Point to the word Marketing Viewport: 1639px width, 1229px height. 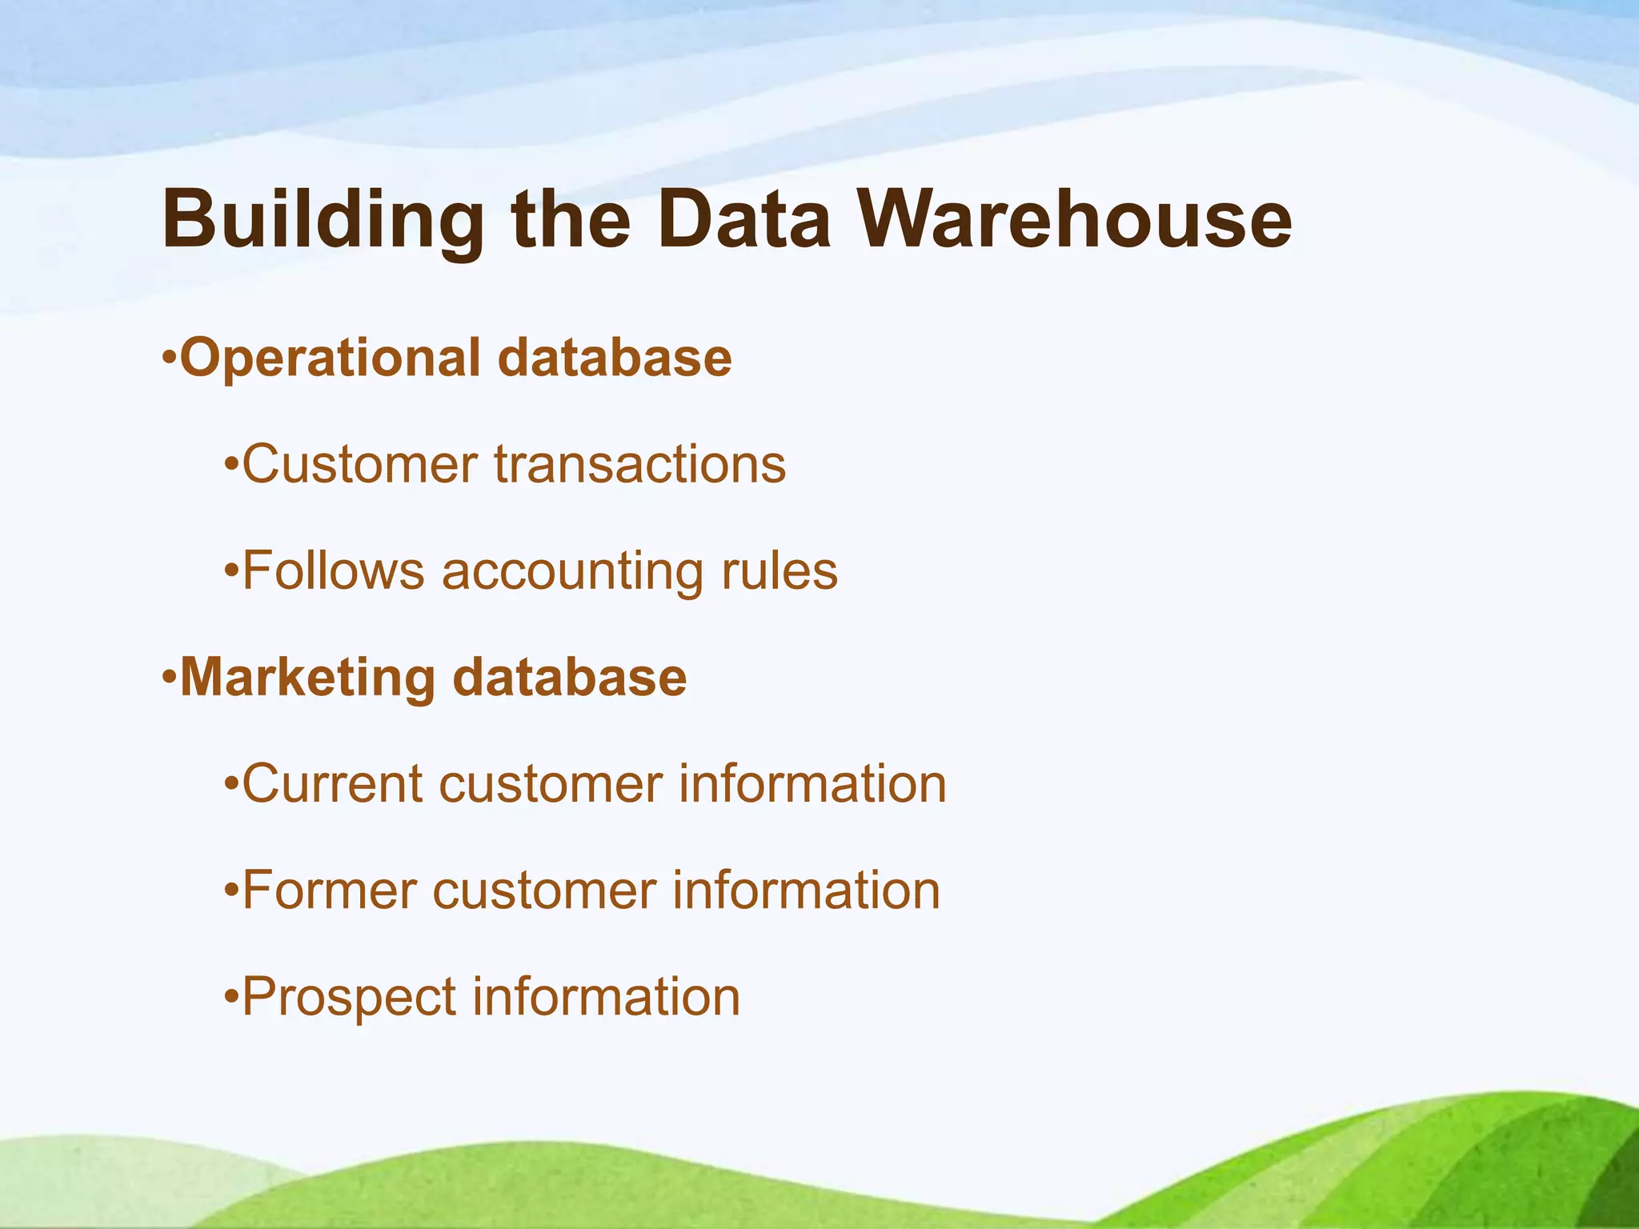[307, 677]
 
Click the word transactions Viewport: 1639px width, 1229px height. [639, 464]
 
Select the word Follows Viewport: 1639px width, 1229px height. [333, 570]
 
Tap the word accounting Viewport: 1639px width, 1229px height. [572, 572]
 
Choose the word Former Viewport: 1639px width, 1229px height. [329, 890]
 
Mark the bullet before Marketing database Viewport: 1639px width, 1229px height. [168, 677]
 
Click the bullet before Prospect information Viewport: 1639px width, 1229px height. [231, 997]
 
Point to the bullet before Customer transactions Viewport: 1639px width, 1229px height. [231, 464]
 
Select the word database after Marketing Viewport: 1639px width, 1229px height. [569, 677]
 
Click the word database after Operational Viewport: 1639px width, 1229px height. [614, 358]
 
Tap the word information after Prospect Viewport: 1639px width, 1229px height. [606, 996]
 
